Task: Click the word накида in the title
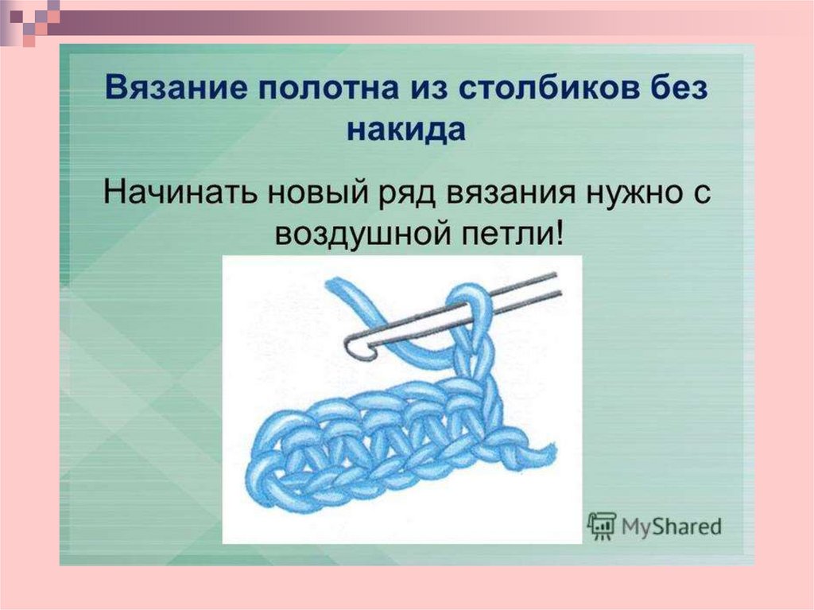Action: [405, 130]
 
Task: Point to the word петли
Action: [499, 236]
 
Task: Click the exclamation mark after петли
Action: [556, 235]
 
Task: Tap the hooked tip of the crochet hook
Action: [351, 345]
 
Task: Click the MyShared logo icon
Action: [601, 525]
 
